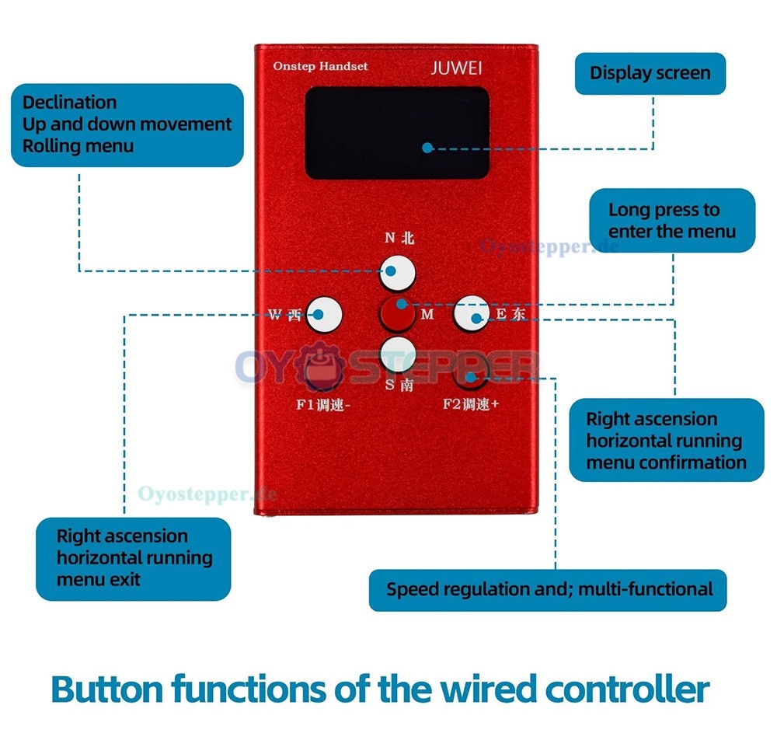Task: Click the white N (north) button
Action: [397, 273]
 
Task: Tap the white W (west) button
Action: [324, 314]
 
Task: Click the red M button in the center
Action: [397, 314]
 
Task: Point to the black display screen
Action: [397, 133]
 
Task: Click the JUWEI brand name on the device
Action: [456, 68]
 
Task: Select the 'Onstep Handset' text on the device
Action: [320, 66]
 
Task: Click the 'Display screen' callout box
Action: [650, 73]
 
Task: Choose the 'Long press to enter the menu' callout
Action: [672, 220]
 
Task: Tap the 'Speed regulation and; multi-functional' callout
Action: [548, 590]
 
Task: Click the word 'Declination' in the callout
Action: [69, 103]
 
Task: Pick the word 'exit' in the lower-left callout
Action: [125, 579]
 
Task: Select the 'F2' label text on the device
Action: [451, 404]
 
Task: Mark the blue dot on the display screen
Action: [427, 148]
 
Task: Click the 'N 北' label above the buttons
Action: [399, 238]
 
